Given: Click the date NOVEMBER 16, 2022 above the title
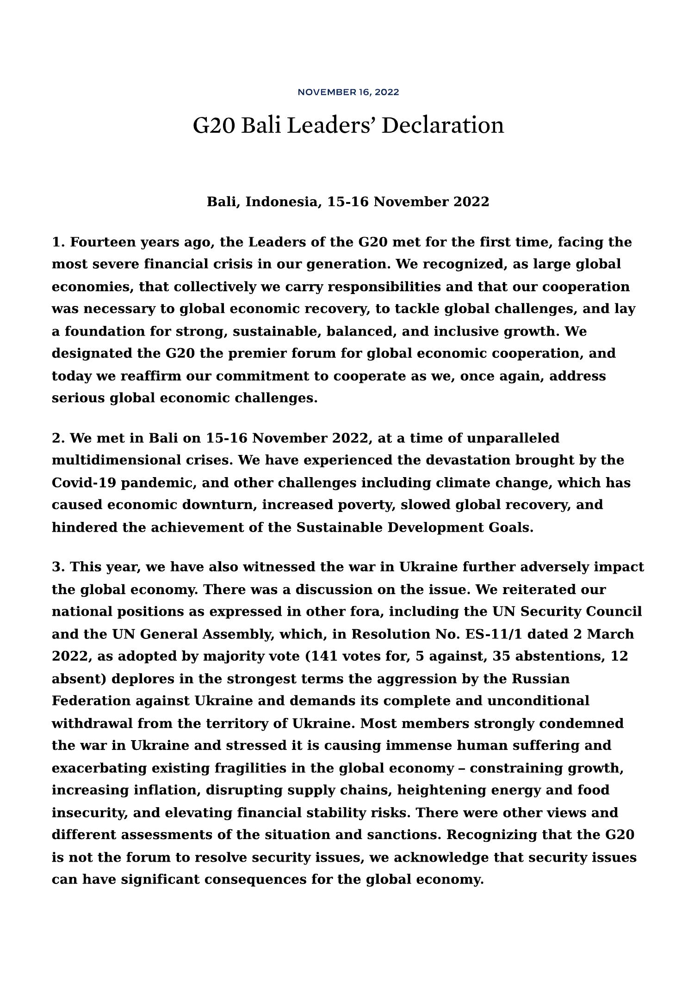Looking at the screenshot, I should (348, 92).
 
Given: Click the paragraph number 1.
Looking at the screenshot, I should (57, 242).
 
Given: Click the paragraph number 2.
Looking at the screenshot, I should (57, 438).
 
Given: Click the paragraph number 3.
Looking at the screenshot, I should (57, 567).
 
